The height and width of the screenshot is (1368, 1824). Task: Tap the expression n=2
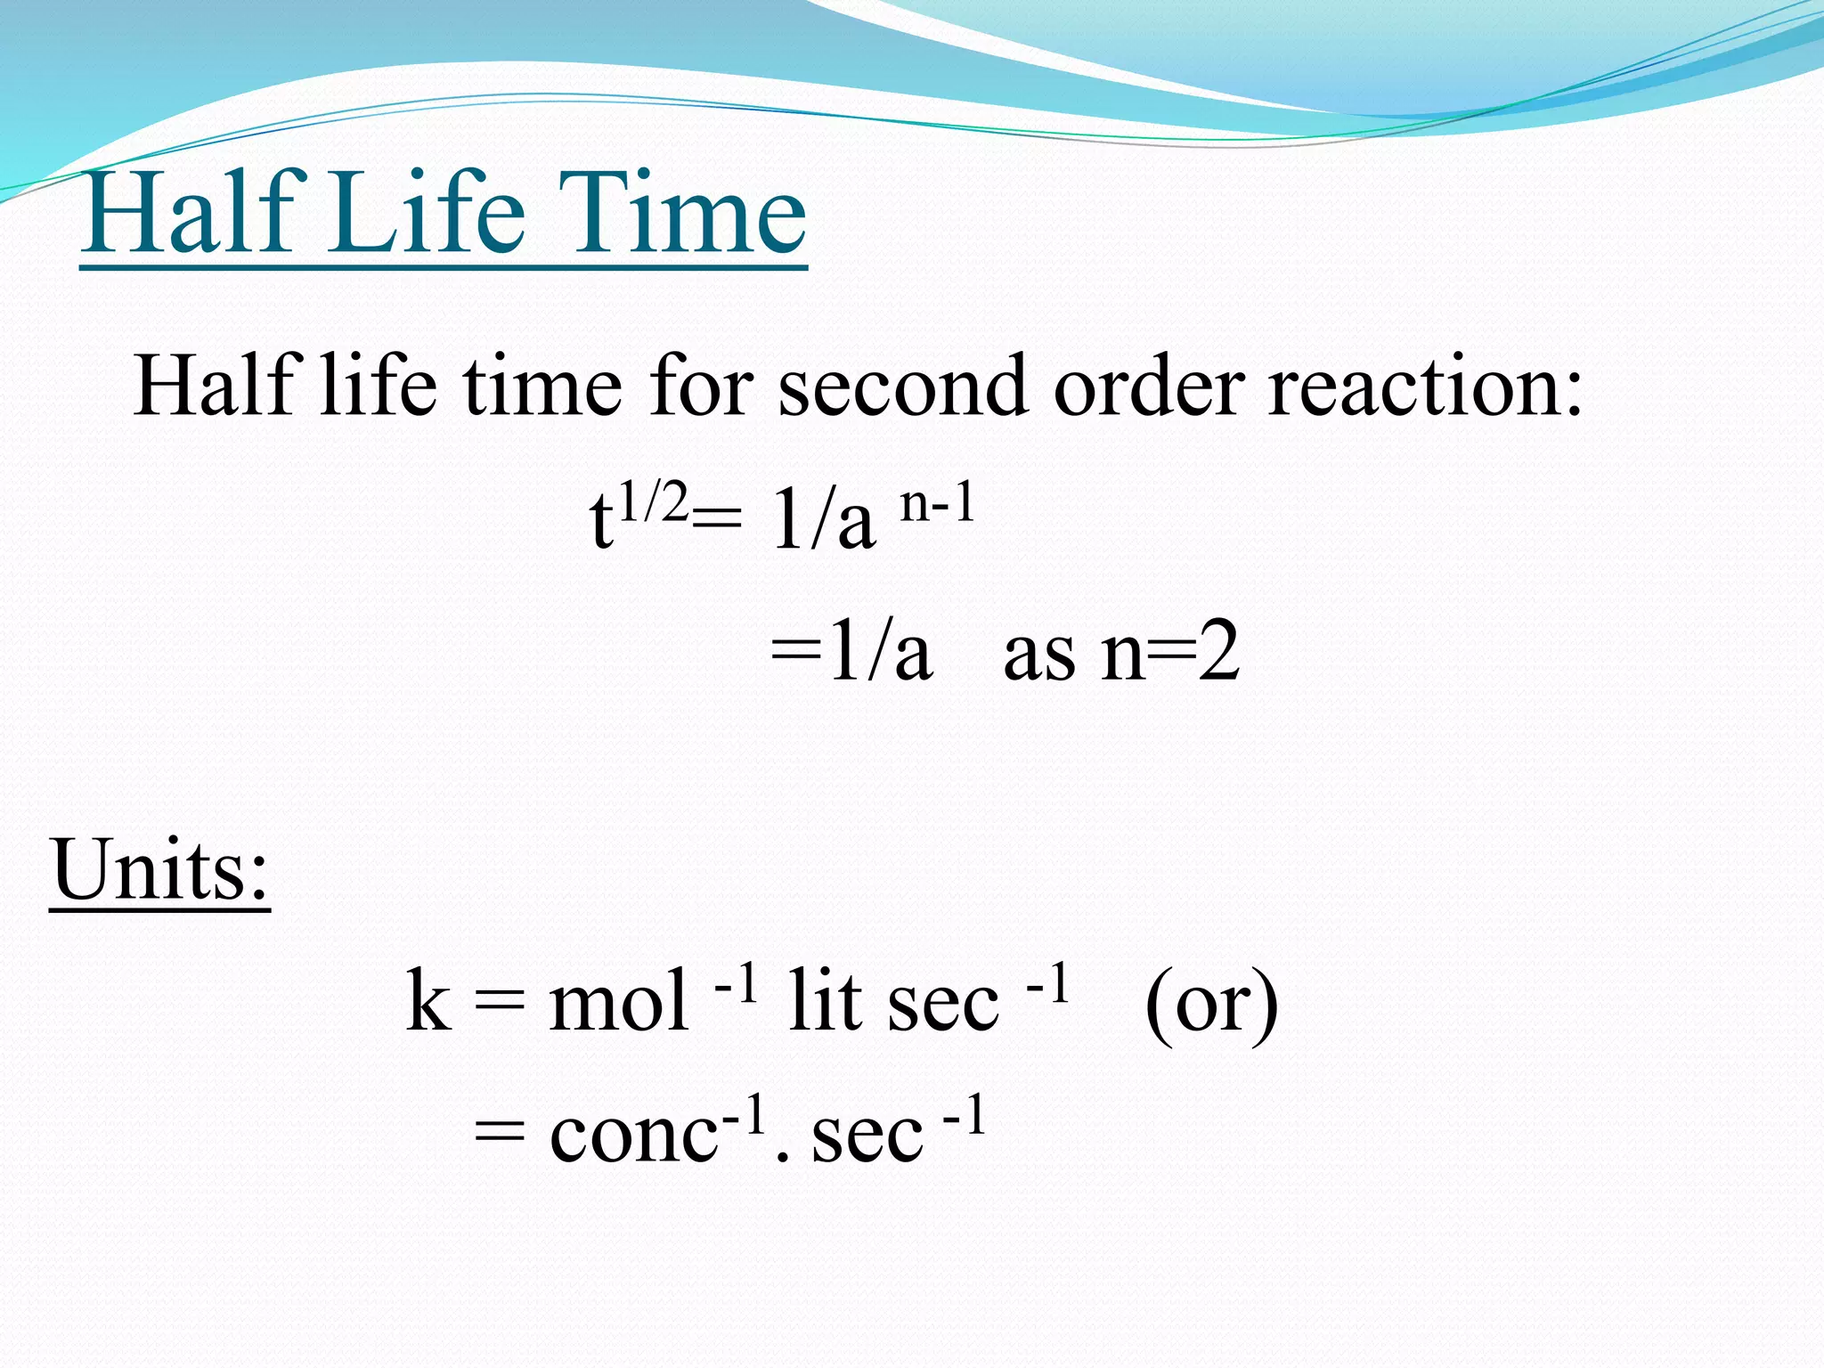pos(1169,653)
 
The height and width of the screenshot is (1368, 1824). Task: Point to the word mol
pos(618,1002)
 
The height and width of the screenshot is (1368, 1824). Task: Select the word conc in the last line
pos(633,1136)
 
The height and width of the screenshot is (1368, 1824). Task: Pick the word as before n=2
pos(1038,655)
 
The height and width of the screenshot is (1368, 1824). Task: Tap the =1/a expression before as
pos(851,653)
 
